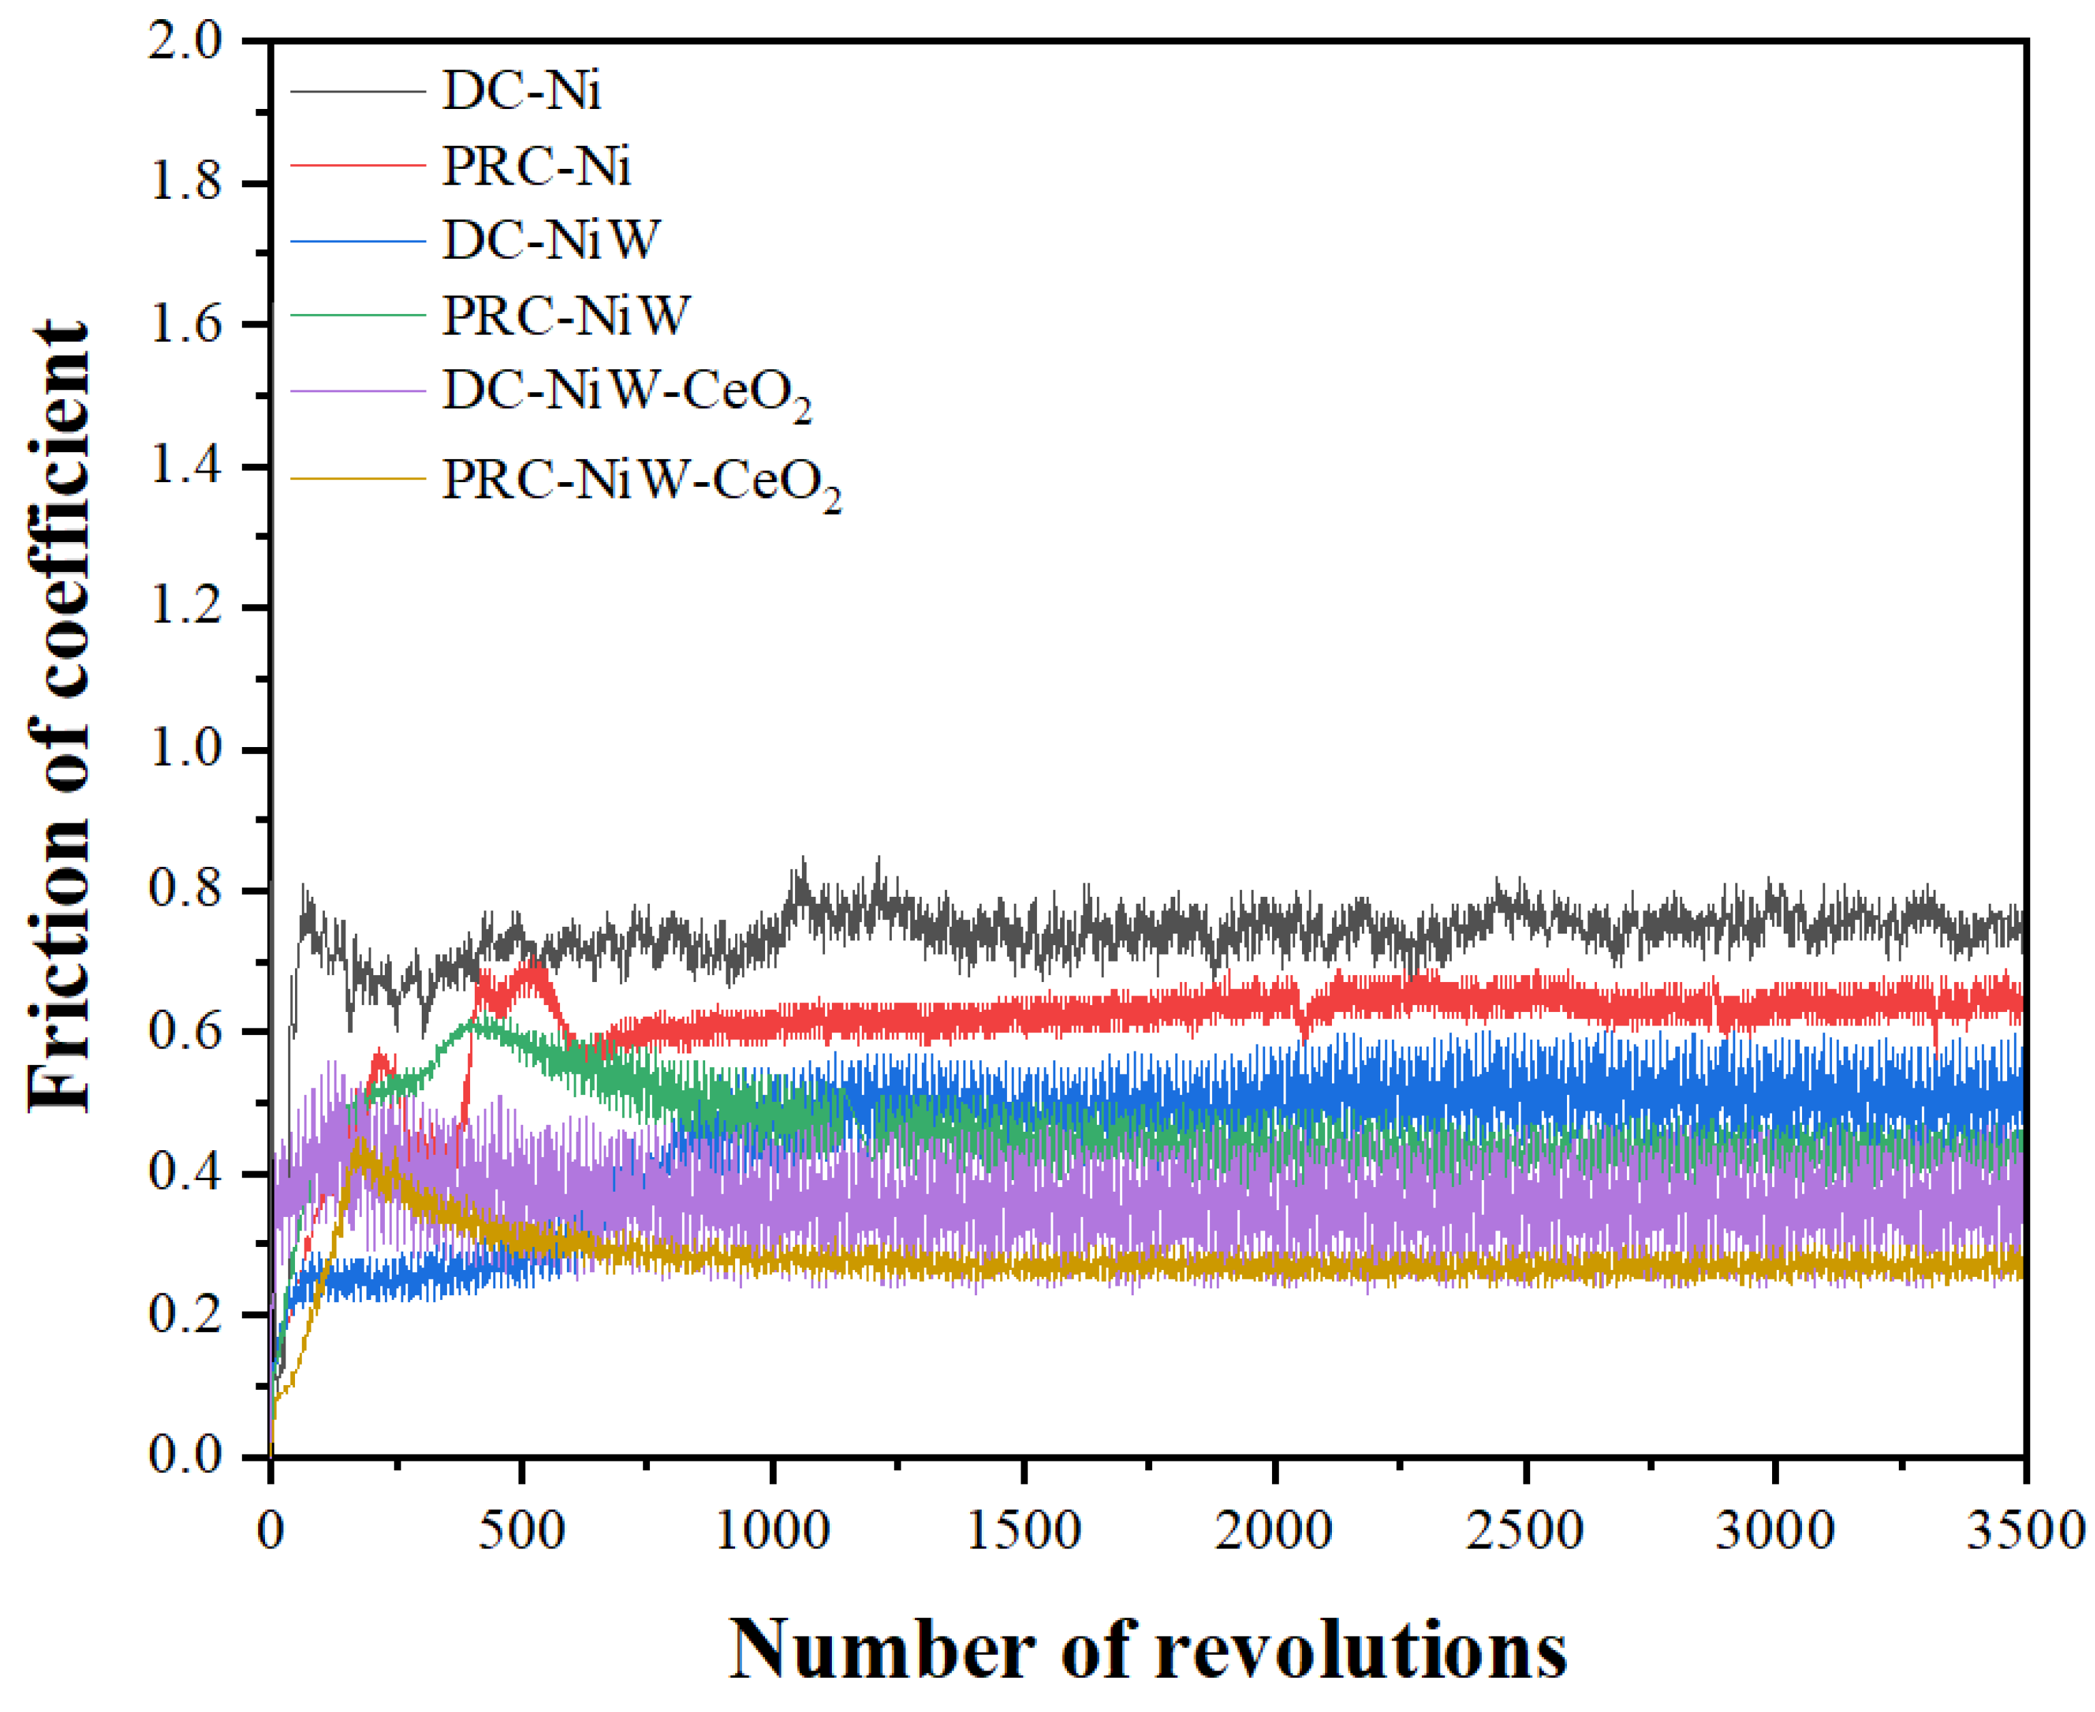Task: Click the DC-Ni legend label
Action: click(x=521, y=91)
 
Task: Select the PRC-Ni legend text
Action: click(x=536, y=165)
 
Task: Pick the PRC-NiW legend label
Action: click(x=565, y=315)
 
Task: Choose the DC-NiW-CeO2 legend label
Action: click(x=625, y=392)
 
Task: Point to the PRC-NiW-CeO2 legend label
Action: click(x=641, y=481)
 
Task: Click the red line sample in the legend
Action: click(x=357, y=165)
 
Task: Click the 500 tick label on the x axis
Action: click(x=521, y=1532)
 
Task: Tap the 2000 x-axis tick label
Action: click(x=1273, y=1532)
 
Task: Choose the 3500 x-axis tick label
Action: click(x=2024, y=1532)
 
